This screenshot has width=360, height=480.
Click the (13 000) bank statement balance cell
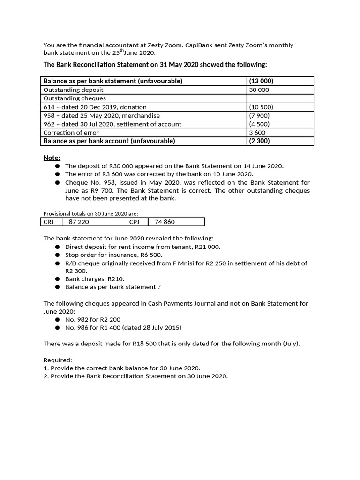pos(261,81)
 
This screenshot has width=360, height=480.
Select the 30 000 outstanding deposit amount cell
pos(259,90)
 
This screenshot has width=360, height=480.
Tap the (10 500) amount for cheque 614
pos(261,107)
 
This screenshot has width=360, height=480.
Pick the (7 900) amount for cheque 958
pos(260,115)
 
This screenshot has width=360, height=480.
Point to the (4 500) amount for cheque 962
pos(260,124)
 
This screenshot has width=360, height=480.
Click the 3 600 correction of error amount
pos(257,132)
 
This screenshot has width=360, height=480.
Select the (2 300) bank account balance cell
pos(259,141)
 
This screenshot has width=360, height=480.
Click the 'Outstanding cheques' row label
pos(75,98)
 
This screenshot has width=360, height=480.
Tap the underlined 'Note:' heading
pos(52,157)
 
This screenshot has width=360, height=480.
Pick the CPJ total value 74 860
pos(165,222)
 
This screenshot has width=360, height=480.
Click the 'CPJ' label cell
pos(134,222)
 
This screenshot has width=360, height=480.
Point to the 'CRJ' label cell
pos(49,222)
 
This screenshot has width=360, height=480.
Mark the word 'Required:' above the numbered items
pos(58,360)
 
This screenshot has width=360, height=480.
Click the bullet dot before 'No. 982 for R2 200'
pos(57,320)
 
